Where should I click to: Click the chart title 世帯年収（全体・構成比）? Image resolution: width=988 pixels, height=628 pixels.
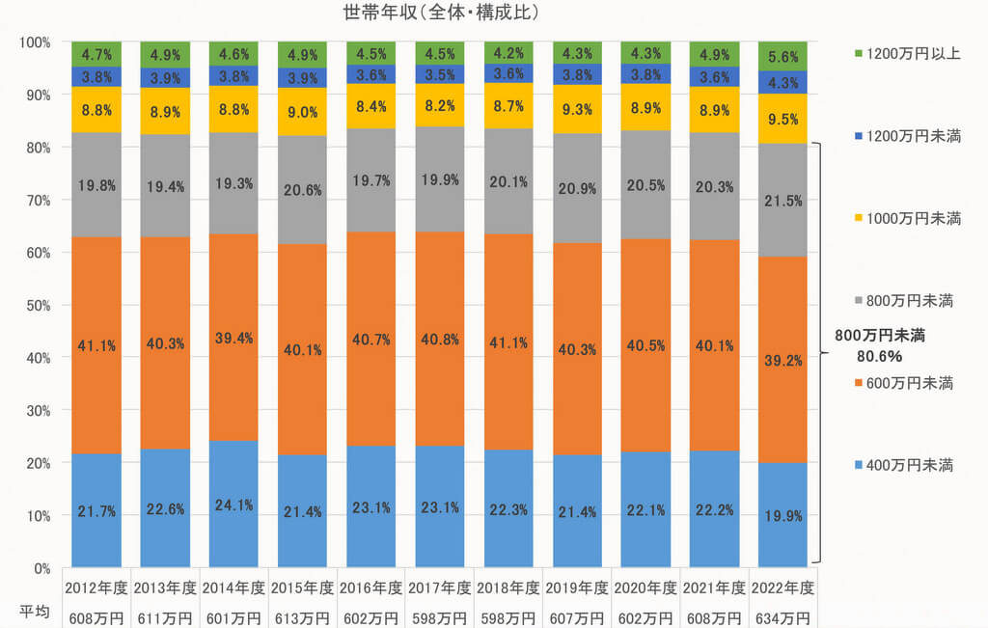point(441,12)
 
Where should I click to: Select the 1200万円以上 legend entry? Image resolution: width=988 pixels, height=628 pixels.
point(907,54)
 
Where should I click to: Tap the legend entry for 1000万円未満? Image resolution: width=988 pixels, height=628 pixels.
point(907,219)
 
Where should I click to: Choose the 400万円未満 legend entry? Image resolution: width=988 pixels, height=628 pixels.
point(903,466)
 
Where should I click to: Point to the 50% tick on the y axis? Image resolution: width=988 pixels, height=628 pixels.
point(35,306)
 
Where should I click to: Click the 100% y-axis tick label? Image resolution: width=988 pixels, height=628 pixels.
point(35,42)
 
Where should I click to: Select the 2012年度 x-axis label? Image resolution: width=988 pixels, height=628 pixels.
point(96,588)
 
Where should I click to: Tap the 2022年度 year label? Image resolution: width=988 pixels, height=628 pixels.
point(783,588)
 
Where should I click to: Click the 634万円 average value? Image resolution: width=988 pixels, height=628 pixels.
point(783,618)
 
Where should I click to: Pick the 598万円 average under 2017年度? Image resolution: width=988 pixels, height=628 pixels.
point(440,618)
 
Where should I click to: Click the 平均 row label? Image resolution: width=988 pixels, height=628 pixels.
point(34,612)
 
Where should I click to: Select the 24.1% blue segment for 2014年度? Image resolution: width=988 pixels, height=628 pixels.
point(233,504)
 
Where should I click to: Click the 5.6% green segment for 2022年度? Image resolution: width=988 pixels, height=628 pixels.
point(783,57)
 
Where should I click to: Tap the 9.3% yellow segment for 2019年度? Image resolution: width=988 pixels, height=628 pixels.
point(577,109)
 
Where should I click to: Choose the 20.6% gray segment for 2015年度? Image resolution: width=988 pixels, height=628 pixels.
point(302,190)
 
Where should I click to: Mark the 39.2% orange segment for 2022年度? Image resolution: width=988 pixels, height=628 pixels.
point(783,360)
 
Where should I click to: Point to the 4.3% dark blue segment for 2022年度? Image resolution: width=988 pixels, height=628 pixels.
point(783,83)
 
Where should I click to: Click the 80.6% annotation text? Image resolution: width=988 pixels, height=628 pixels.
point(879,357)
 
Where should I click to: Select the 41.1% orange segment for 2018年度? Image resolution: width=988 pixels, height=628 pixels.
point(508,342)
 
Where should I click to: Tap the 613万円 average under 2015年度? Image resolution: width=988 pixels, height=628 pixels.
point(302,618)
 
